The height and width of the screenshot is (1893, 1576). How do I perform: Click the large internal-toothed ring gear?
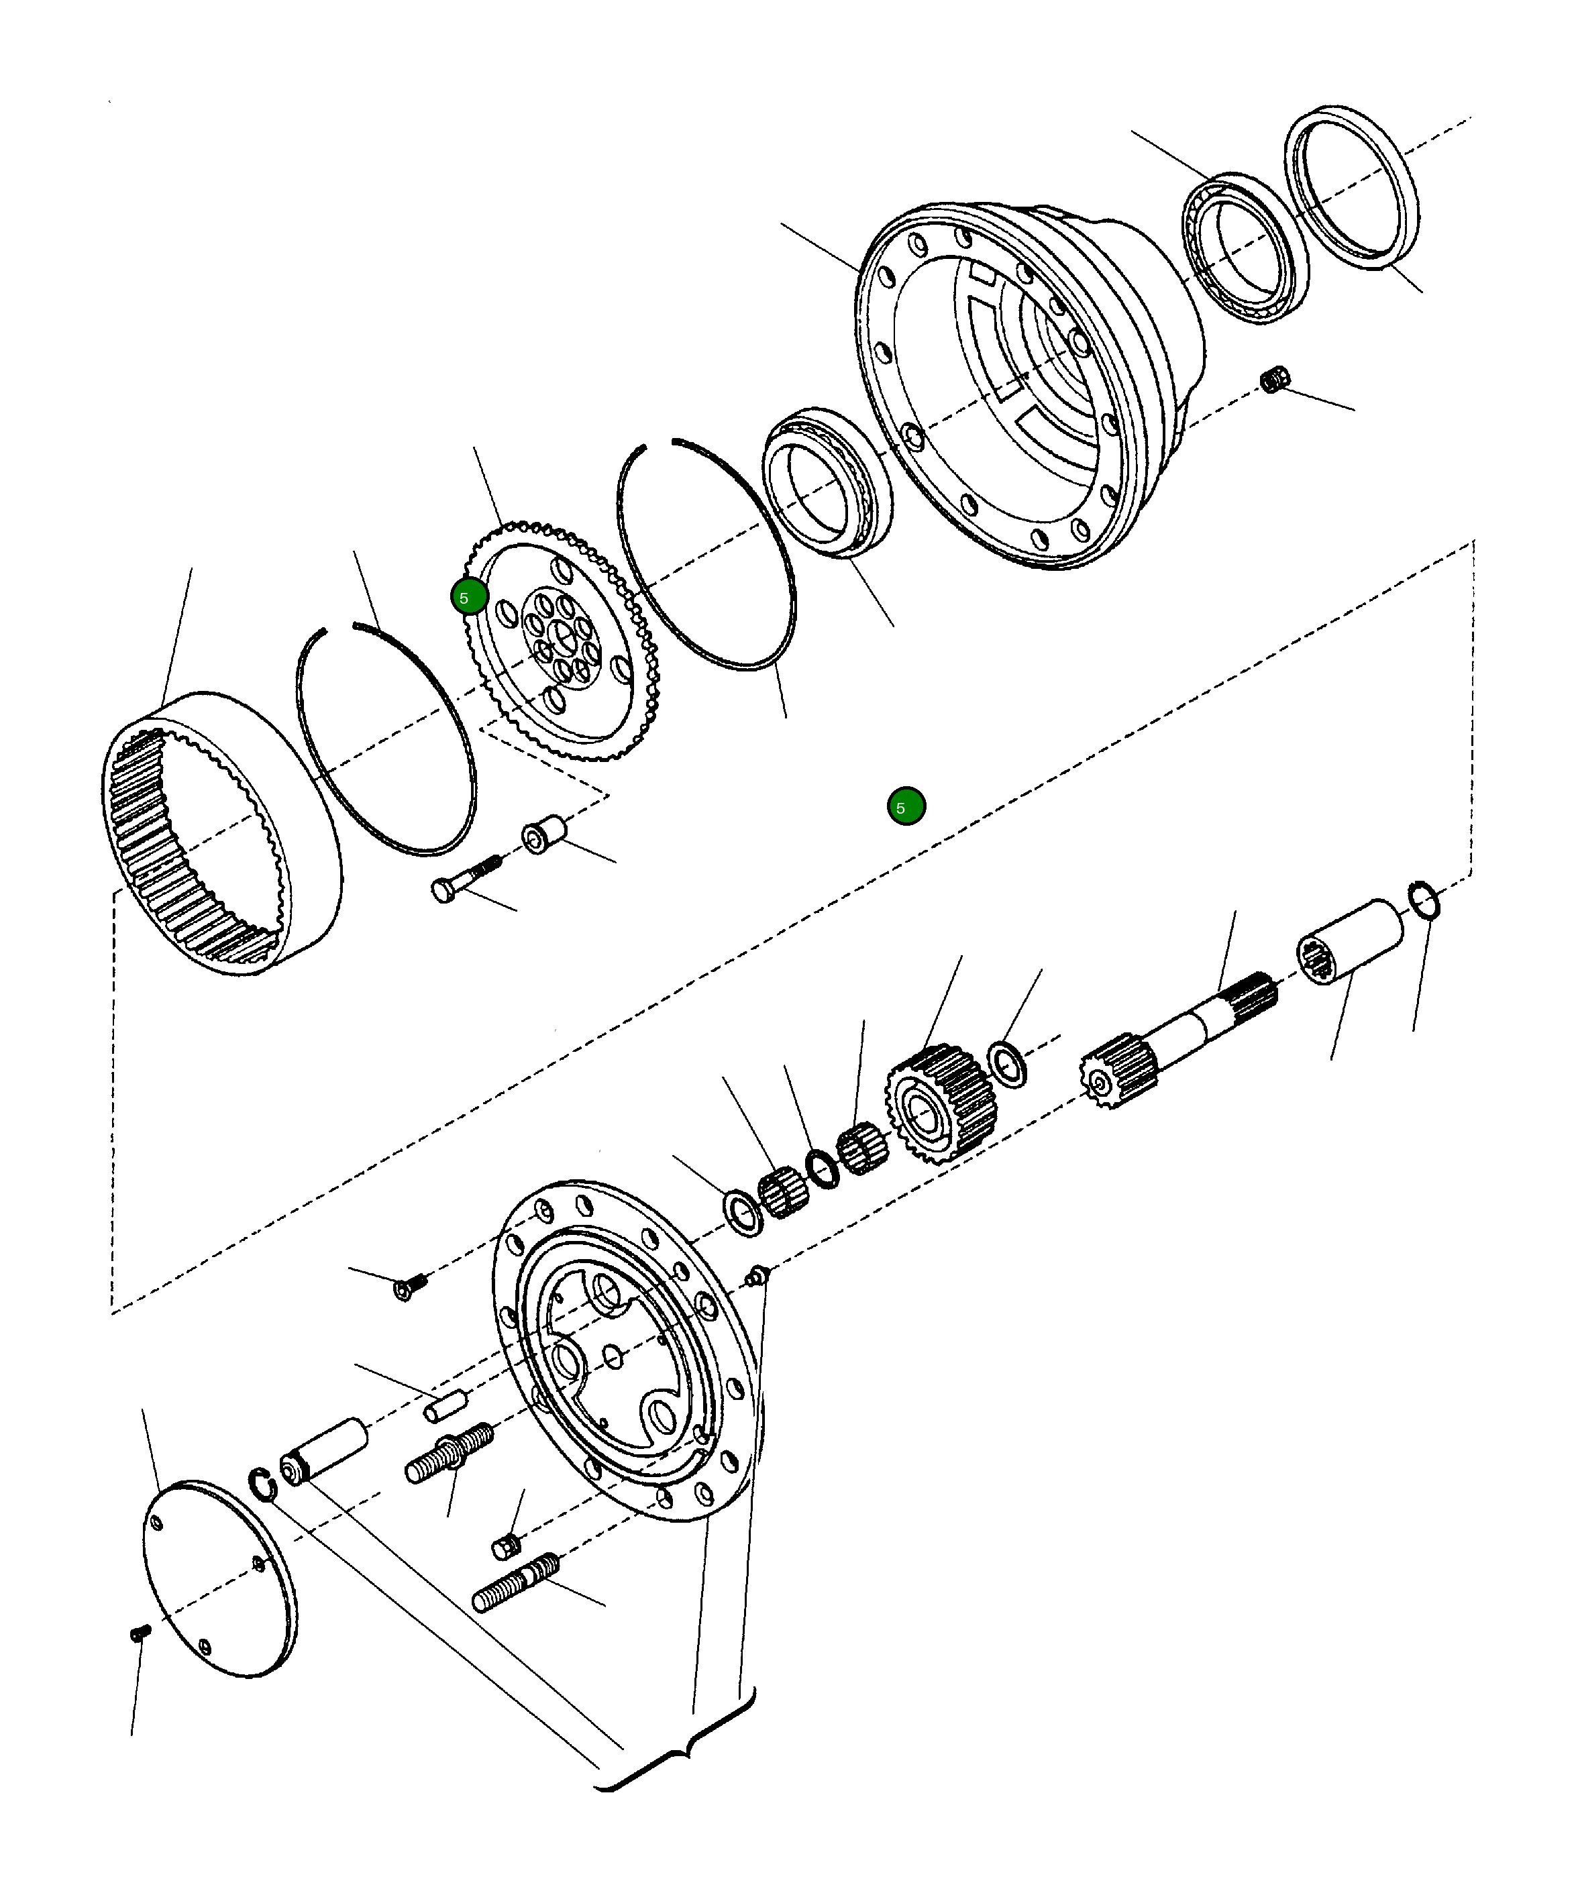point(221,834)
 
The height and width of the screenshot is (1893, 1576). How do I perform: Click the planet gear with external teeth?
point(941,1104)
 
